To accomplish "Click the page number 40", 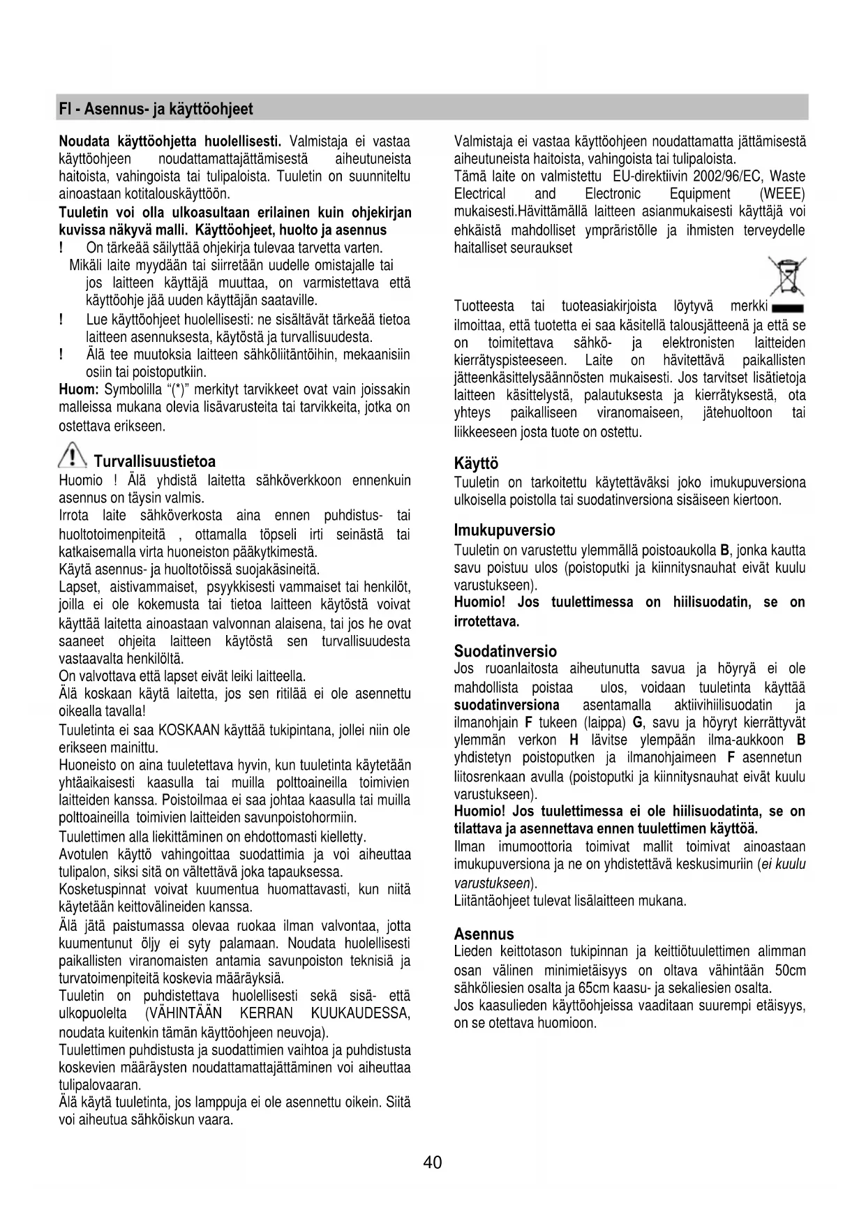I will [432, 1163].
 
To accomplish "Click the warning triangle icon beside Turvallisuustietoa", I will [73, 458].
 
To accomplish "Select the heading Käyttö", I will [476, 463].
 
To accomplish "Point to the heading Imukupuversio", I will [505, 530].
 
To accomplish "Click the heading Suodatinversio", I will [505, 652].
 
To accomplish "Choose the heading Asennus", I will [484, 934].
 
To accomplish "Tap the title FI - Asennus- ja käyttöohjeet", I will [156, 109].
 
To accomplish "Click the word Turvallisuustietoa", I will [154, 461].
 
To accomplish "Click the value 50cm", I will [790, 971].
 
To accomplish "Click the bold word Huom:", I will [79, 389].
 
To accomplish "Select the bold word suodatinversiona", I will [507, 705].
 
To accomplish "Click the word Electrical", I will [479, 194].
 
